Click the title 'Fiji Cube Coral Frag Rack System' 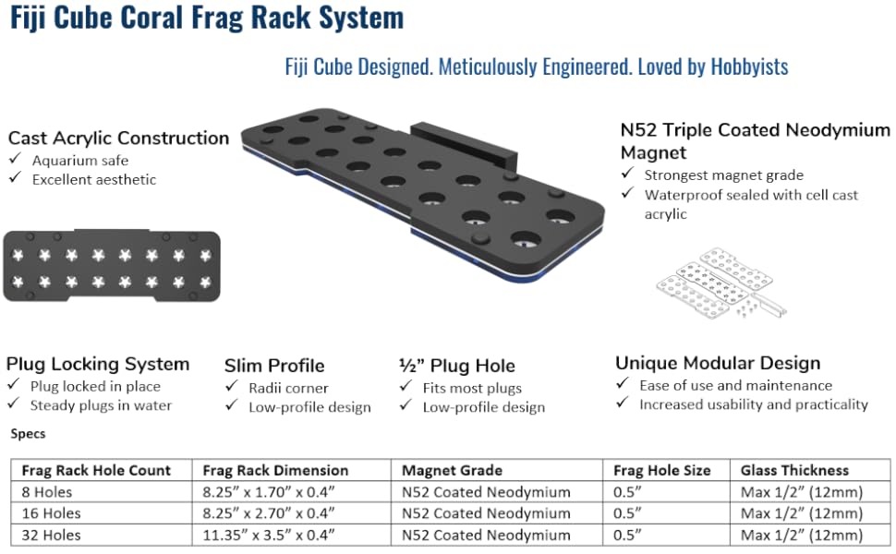(x=207, y=18)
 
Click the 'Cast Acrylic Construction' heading (x=118, y=138)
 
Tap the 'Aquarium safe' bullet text (x=79, y=161)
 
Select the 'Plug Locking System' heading (x=98, y=364)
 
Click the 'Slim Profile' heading (x=274, y=366)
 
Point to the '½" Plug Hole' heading (x=456, y=366)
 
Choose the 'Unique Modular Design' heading (x=718, y=363)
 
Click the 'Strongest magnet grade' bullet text (x=723, y=175)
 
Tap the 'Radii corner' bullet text (x=288, y=388)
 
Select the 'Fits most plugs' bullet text (x=472, y=388)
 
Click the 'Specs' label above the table (x=28, y=433)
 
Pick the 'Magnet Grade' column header (x=452, y=470)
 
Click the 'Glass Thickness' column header (x=794, y=470)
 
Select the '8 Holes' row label (x=47, y=492)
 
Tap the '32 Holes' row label (x=51, y=535)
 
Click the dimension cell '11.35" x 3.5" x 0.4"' (x=269, y=535)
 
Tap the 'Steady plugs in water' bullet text (x=101, y=405)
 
